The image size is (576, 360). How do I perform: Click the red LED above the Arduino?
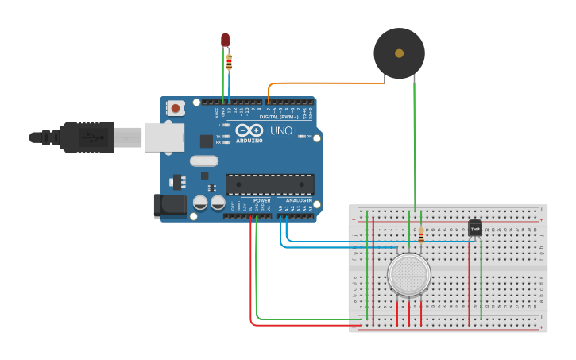[226, 39]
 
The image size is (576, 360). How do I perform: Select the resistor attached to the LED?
[230, 60]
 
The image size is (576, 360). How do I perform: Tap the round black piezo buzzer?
[399, 53]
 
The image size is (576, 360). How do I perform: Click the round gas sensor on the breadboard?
[409, 274]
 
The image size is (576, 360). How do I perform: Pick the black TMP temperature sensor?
[475, 227]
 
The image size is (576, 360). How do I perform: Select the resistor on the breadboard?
[420, 234]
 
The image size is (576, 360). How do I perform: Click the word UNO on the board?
[282, 130]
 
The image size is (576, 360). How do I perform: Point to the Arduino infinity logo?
[249, 130]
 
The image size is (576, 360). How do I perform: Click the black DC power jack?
[169, 207]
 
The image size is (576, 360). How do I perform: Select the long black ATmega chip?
[269, 184]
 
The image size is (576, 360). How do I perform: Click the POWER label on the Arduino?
[261, 200]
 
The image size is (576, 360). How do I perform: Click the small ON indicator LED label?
[307, 137]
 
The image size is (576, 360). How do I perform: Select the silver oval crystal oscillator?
[204, 161]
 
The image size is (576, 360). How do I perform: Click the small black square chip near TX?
[207, 141]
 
